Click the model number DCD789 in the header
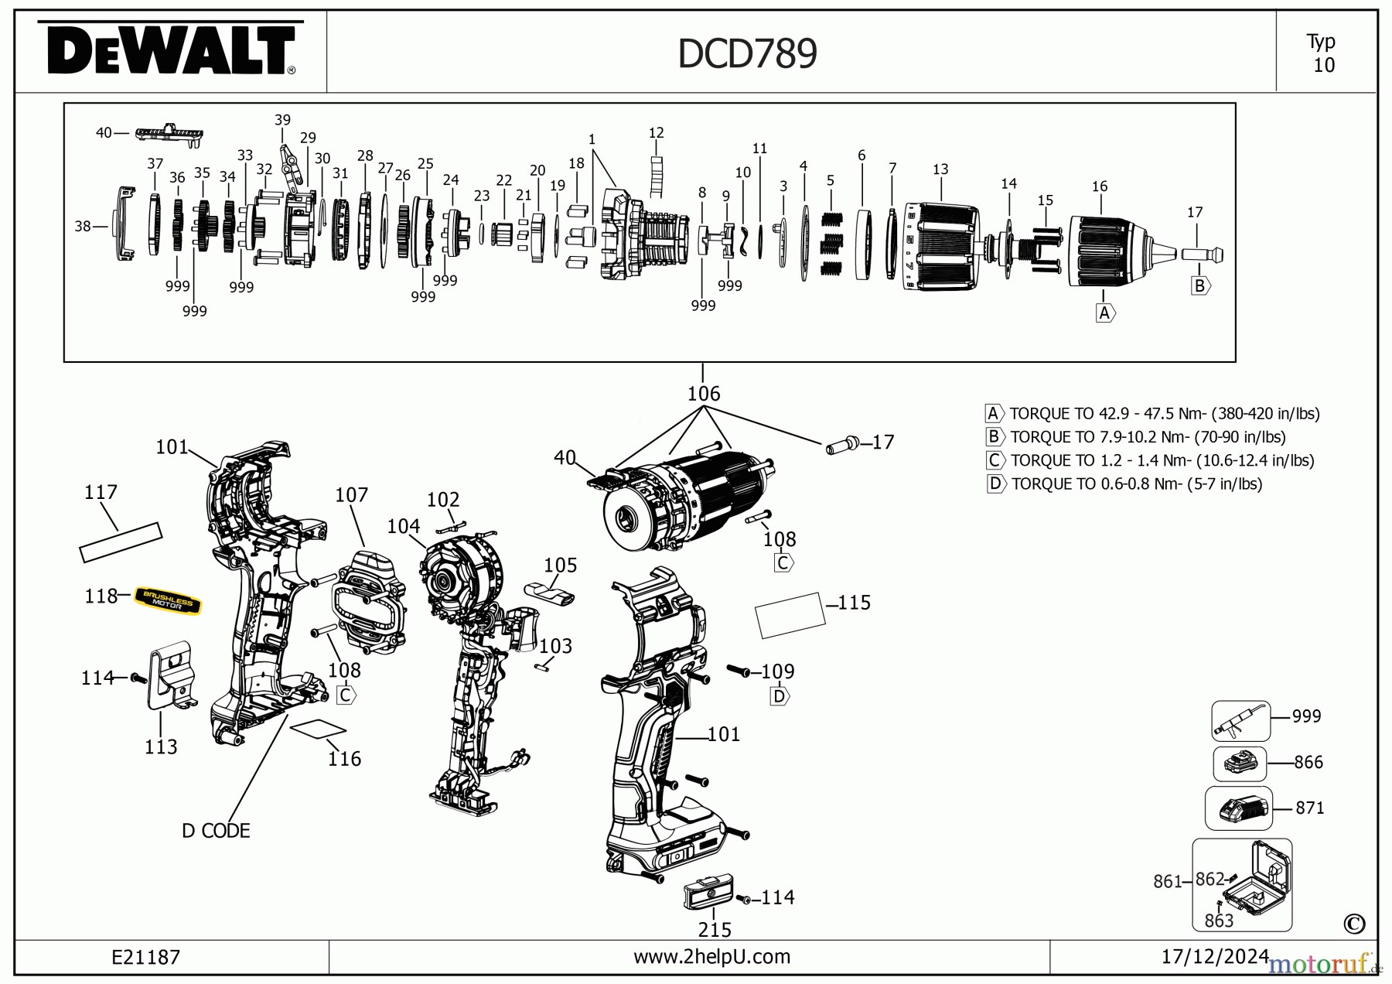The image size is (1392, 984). (747, 54)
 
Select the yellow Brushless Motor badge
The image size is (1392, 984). (168, 600)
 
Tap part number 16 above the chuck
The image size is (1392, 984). (1100, 186)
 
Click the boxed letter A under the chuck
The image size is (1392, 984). (1104, 313)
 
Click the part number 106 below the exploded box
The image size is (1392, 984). (704, 394)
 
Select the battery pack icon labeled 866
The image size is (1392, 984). (1240, 764)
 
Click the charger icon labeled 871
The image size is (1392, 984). (1239, 808)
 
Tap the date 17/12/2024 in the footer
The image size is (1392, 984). (1215, 957)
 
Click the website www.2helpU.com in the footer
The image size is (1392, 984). (711, 957)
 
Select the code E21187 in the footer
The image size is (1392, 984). (145, 958)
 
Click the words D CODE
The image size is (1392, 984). (216, 831)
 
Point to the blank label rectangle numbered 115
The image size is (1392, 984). (789, 615)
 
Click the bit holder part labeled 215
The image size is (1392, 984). (708, 893)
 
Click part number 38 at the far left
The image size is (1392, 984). (82, 226)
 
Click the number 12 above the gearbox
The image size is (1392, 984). (656, 133)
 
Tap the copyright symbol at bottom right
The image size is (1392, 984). (1354, 924)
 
